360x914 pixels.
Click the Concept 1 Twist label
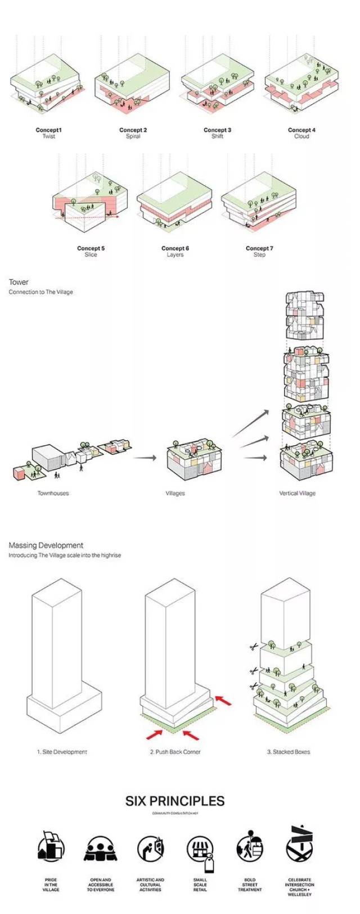point(48,133)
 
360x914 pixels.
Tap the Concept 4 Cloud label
point(301,133)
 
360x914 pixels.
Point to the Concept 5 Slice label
point(91,251)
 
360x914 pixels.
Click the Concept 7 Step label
point(259,251)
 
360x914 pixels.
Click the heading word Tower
point(19,282)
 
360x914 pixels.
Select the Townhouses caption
point(53,493)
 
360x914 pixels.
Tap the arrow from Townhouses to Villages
point(145,458)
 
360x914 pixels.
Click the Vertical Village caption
point(297,493)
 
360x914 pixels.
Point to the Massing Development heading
point(46,545)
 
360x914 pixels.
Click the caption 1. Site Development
point(62,751)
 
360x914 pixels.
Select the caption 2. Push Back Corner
point(175,751)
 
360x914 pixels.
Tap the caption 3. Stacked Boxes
point(288,751)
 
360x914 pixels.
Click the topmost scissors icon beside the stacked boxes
point(253,647)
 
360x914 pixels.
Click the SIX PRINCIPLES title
point(175,801)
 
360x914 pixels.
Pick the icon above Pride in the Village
point(51,847)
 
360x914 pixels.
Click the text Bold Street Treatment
point(250,884)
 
